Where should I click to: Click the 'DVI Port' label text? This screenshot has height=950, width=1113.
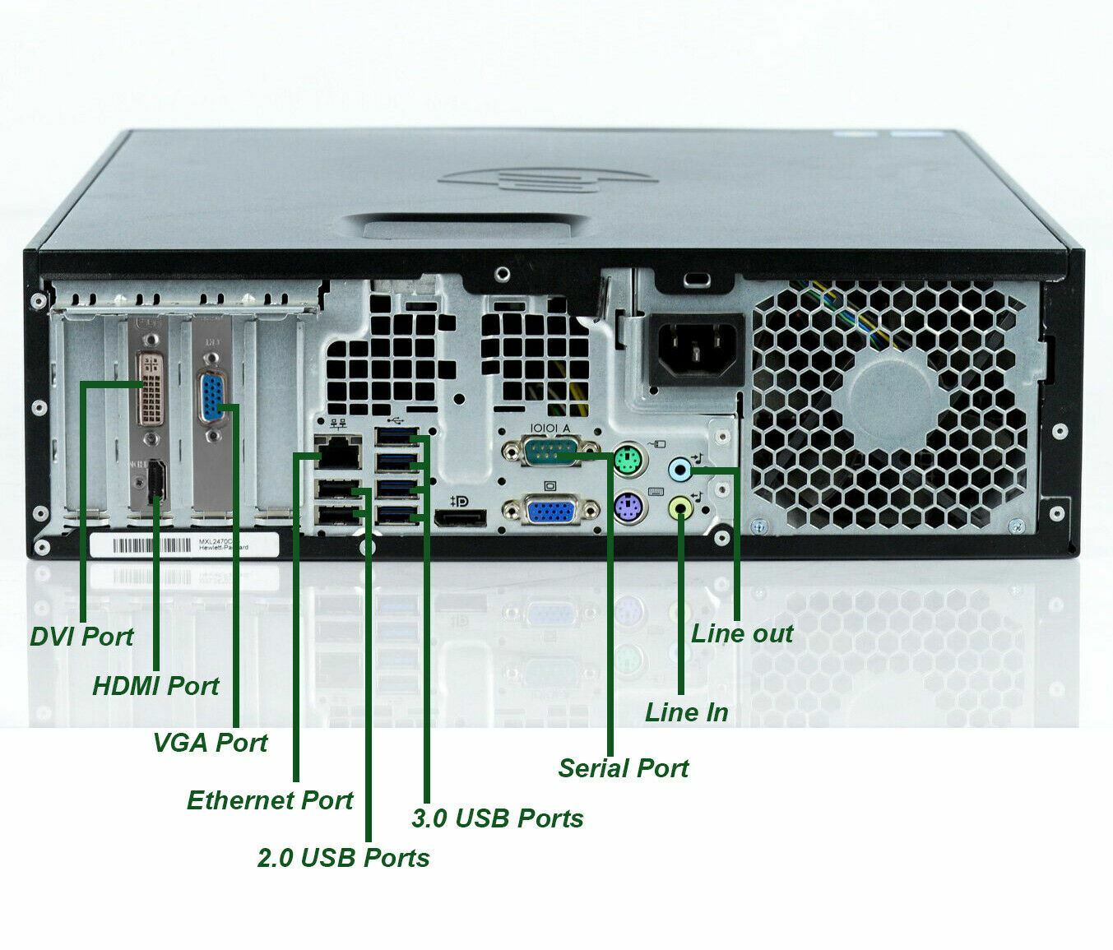81,636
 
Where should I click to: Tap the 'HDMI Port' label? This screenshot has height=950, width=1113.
155,685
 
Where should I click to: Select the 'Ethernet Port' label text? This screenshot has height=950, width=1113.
270,799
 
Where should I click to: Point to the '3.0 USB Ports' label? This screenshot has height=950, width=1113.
497,818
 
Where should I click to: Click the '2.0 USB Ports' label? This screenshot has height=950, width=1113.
343,857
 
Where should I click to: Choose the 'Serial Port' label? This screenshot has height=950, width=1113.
623,767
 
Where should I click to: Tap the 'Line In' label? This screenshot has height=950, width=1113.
686,711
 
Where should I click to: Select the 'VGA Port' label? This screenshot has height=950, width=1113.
210,742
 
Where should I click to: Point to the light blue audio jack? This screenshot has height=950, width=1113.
679,470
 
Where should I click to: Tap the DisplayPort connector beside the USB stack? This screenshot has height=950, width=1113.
460,519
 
